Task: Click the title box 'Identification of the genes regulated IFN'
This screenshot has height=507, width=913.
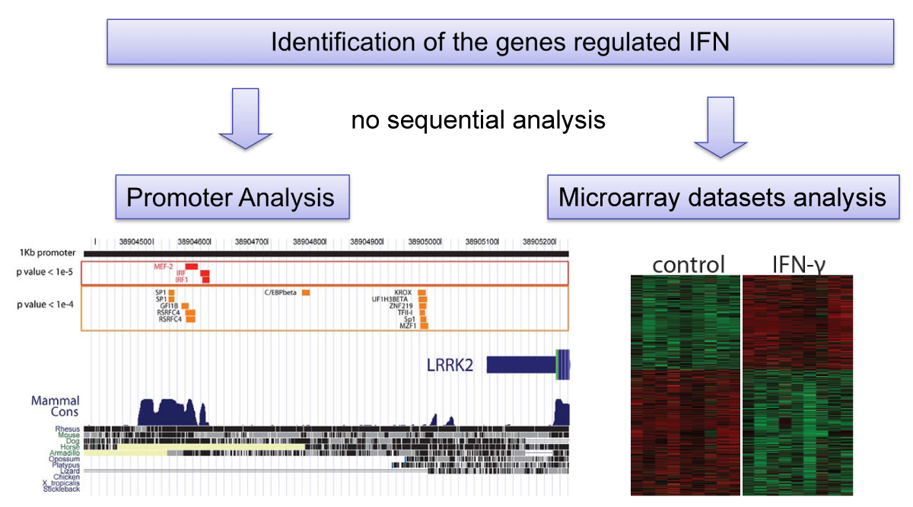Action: (500, 42)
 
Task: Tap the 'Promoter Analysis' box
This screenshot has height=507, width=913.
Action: (231, 198)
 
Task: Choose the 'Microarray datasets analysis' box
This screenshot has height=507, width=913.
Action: (722, 198)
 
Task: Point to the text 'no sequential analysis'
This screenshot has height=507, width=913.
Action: (478, 120)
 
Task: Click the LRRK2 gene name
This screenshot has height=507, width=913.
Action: (449, 365)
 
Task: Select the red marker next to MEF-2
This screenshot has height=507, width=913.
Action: (192, 266)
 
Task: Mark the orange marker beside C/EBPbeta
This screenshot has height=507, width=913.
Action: (306, 292)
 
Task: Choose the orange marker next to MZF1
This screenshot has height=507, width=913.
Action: (424, 327)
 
